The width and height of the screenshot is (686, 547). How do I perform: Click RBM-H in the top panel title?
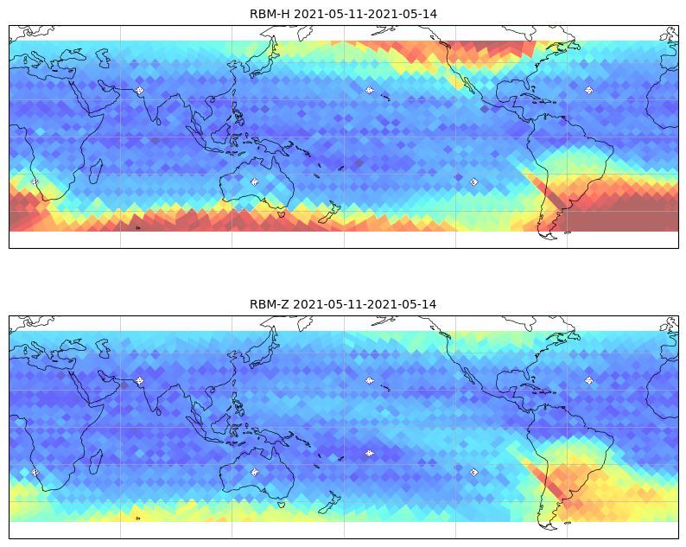pyautogui.click(x=270, y=14)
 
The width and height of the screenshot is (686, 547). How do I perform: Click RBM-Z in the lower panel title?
pyautogui.click(x=269, y=304)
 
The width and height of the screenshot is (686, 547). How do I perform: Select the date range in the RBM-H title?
pyautogui.click(x=365, y=14)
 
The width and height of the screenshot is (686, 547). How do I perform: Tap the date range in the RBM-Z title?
pyautogui.click(x=365, y=304)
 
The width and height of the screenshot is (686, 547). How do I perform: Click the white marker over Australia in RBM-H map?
pyautogui.click(x=255, y=181)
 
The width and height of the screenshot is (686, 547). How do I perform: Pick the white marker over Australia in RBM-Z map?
pyautogui.click(x=255, y=472)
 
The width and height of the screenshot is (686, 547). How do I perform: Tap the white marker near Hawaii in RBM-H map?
pyautogui.click(x=370, y=90)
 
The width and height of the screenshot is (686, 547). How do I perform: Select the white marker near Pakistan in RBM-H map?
pyautogui.click(x=140, y=90)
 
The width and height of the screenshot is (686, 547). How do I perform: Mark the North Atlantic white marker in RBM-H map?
pyautogui.click(x=589, y=90)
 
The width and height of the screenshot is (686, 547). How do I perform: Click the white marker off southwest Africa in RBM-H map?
pyautogui.click(x=35, y=181)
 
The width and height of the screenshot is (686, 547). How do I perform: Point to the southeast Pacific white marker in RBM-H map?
pyautogui.click(x=473, y=181)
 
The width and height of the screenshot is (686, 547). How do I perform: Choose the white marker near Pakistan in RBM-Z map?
pyautogui.click(x=140, y=380)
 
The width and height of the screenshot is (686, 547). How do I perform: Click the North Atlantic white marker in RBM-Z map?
pyautogui.click(x=589, y=380)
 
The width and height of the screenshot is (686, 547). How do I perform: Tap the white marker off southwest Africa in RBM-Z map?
pyautogui.click(x=35, y=472)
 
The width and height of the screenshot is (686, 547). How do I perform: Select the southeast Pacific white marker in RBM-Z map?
pyautogui.click(x=473, y=472)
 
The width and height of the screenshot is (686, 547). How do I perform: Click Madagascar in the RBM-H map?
pyautogui.click(x=96, y=172)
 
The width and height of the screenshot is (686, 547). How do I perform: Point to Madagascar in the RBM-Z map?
pyautogui.click(x=96, y=462)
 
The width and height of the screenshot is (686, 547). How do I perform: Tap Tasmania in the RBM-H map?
pyautogui.click(x=282, y=213)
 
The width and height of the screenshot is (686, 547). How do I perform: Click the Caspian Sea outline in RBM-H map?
pyautogui.click(x=103, y=58)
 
